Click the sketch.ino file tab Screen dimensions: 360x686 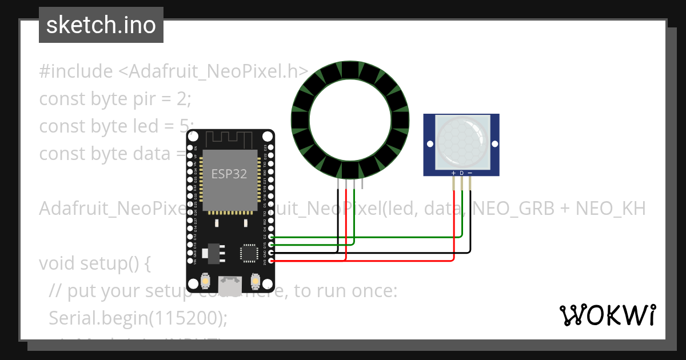tap(101, 25)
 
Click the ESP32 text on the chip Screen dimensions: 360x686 tap(229, 174)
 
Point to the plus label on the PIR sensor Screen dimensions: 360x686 tap(453, 173)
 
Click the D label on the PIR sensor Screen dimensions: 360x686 tap(462, 173)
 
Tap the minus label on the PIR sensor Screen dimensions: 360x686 tap(470, 173)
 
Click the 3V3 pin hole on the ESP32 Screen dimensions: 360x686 tap(271, 261)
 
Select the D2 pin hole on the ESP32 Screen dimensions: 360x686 tap(271, 237)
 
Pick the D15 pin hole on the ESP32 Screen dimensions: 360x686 tap(271, 245)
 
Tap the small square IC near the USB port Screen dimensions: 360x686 tap(249, 253)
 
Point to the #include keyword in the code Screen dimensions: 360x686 tap(76, 71)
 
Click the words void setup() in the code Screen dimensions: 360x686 tap(95, 263)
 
